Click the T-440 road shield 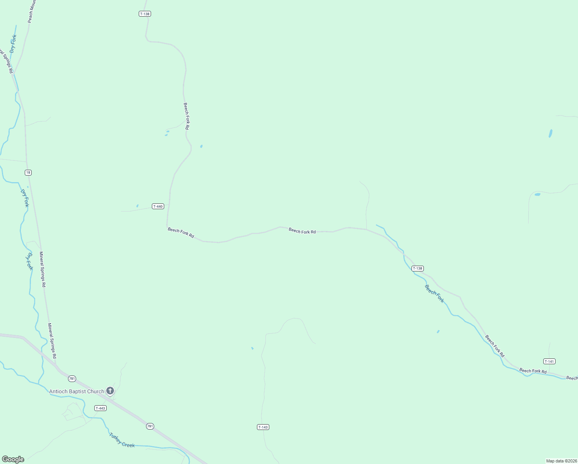coord(158,206)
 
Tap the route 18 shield coord(28,172)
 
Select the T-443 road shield coord(100,408)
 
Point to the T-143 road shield coord(263,427)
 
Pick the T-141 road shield coord(549,362)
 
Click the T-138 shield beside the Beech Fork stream coord(418,268)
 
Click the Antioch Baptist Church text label coord(76,391)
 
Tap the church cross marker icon coord(110,391)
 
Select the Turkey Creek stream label coord(122,440)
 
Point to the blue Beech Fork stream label coord(434,294)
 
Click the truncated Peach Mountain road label coord(32,12)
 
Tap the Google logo coord(13,459)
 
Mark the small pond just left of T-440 coord(137,206)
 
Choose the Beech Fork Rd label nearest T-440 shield coord(181,232)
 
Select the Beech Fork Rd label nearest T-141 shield coord(533,371)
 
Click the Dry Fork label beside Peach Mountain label coord(13,44)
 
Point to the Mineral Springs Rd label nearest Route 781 coord(52,341)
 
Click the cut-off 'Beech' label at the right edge coord(572,378)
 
